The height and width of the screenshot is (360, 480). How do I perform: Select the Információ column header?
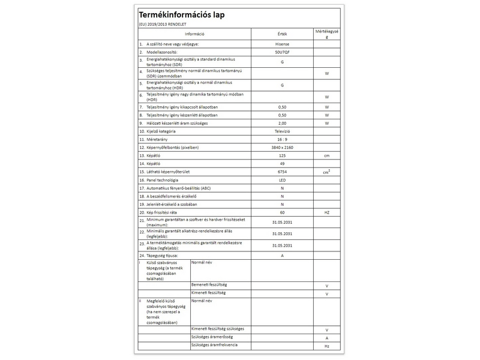tap(195, 34)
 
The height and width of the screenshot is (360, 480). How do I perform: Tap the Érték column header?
tap(282, 34)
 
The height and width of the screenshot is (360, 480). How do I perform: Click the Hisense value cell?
tap(282, 44)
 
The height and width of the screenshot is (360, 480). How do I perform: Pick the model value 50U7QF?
tap(282, 53)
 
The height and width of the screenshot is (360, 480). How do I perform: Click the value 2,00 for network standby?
tap(282, 122)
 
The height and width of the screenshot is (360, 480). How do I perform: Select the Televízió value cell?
tap(282, 131)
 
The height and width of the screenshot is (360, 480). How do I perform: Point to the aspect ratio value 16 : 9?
tap(282, 139)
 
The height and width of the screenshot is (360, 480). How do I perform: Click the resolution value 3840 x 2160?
tap(282, 147)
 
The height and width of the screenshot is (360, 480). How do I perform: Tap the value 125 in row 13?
tap(282, 155)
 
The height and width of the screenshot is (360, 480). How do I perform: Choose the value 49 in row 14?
tap(282, 163)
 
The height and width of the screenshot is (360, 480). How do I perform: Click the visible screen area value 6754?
tap(282, 172)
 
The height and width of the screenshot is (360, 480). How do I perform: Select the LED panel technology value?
tap(282, 180)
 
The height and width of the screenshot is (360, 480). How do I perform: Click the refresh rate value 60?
tap(282, 212)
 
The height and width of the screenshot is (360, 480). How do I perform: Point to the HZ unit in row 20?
tap(327, 212)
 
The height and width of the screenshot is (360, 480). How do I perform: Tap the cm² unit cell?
tap(327, 172)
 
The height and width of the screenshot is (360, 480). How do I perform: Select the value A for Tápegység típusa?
tap(282, 256)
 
